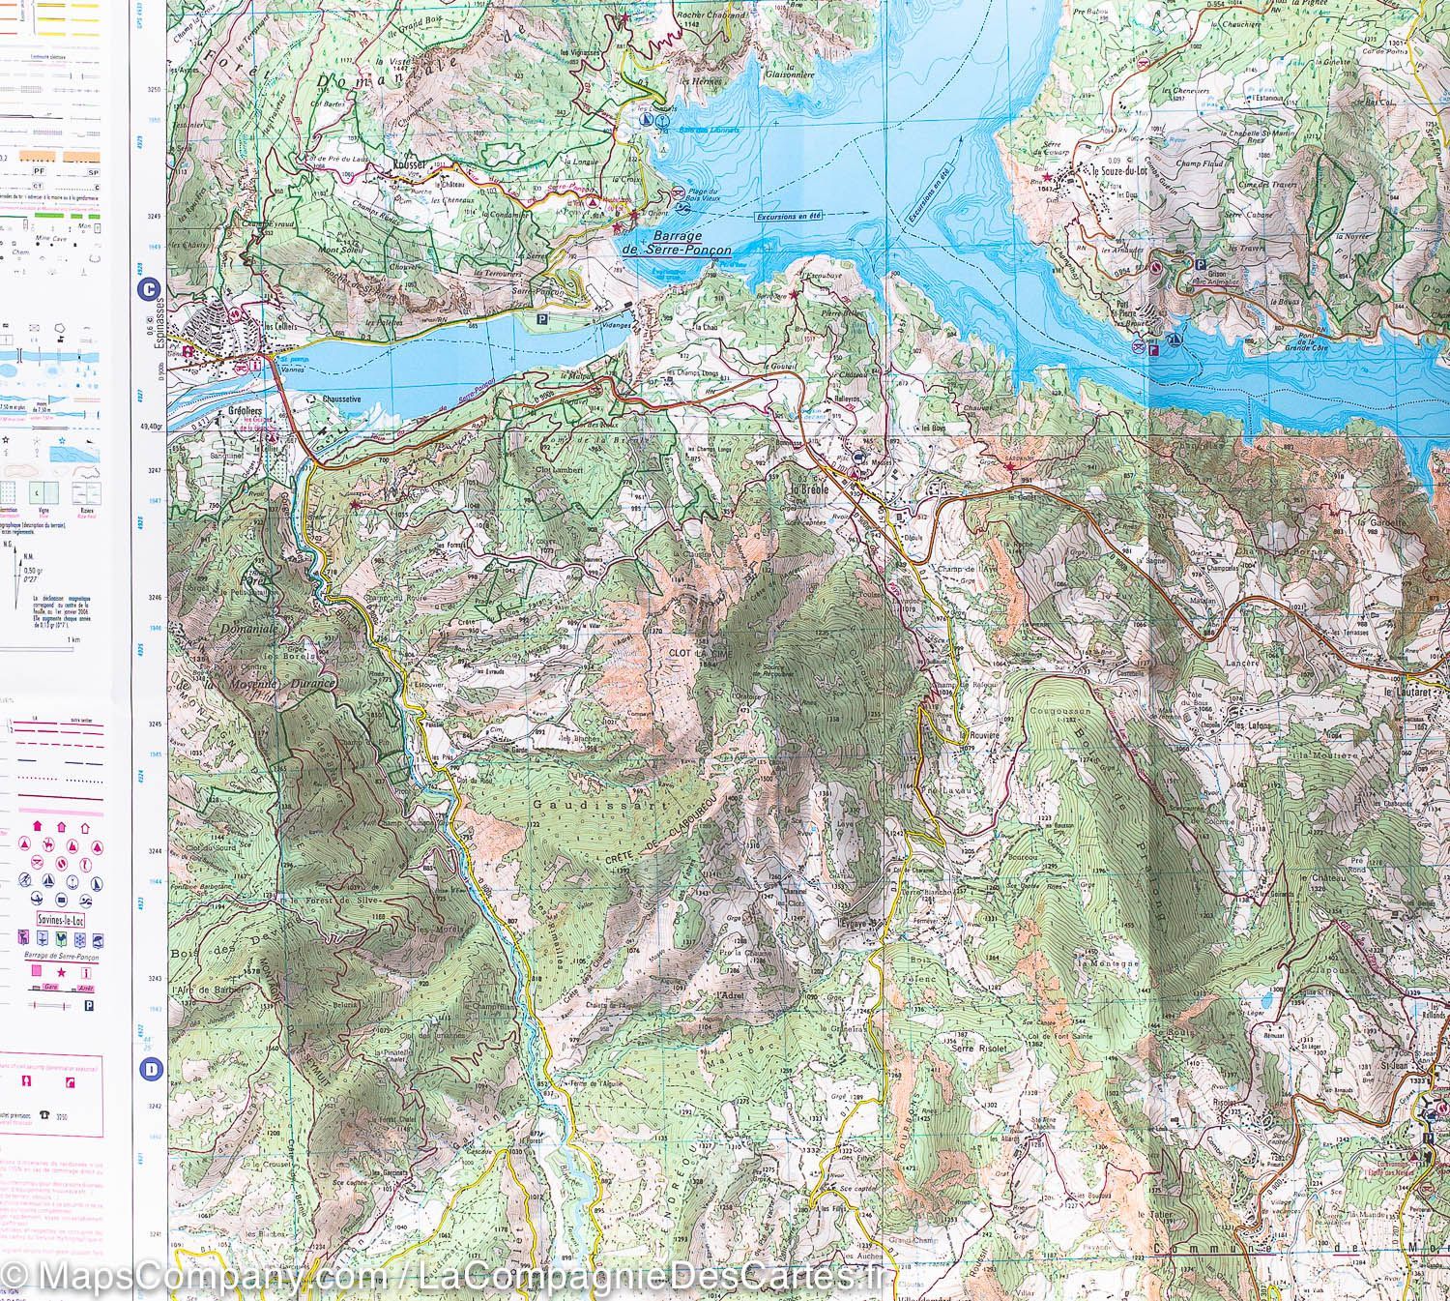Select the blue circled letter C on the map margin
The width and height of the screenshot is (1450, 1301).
(149, 288)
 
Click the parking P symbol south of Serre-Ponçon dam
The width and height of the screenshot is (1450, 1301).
(541, 316)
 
